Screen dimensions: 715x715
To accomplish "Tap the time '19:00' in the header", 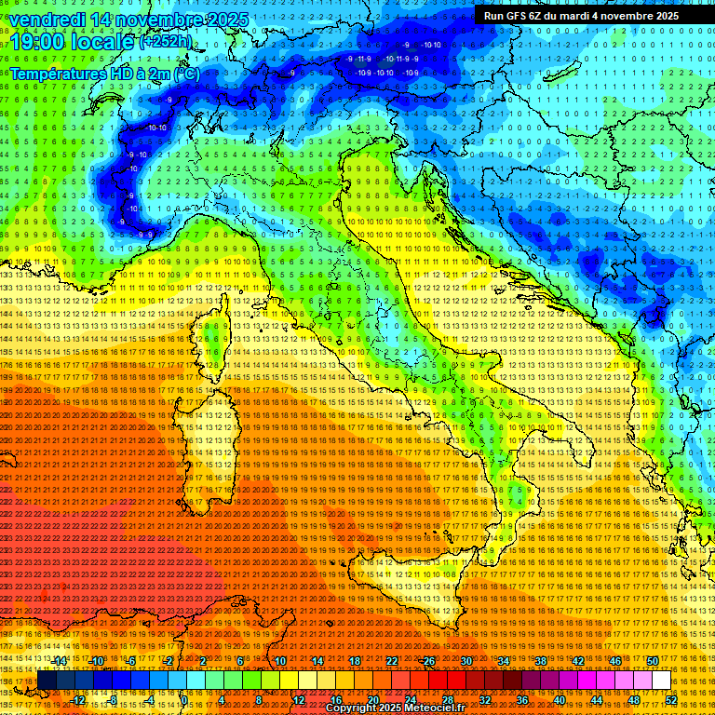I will point(36,42).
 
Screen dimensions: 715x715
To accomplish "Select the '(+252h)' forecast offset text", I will point(165,42).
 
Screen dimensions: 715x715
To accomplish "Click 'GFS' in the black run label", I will point(518,16).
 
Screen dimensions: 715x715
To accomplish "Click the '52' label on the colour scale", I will point(671,699).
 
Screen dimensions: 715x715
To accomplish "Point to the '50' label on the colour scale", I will point(653,661).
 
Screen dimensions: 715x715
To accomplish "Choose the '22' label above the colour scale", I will point(392,661).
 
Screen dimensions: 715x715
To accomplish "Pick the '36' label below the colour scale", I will point(522,699).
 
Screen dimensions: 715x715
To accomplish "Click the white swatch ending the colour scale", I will point(661,681).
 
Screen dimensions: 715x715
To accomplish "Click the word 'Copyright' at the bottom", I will point(353,708).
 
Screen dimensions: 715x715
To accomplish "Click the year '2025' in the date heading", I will point(229,20).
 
